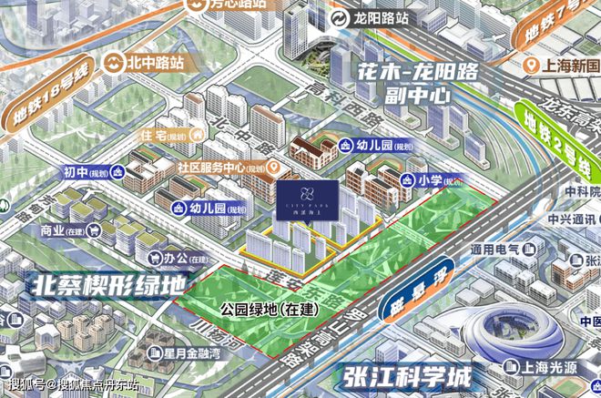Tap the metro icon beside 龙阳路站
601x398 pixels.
tap(339, 18)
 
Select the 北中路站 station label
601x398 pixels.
tap(155, 63)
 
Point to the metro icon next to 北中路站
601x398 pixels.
tap(116, 63)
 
